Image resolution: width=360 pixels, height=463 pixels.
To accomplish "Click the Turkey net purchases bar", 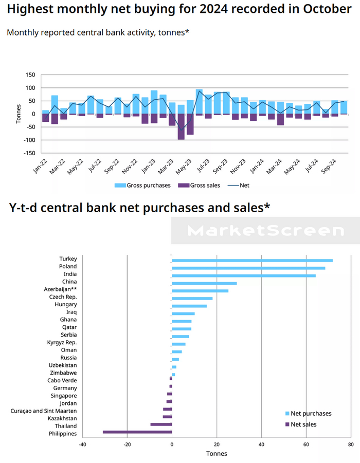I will [x=252, y=261].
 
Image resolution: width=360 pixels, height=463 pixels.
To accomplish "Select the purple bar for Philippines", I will [x=137, y=432].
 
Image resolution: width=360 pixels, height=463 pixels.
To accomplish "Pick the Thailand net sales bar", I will [x=161, y=424].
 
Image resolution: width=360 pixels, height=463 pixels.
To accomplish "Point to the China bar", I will [x=204, y=283].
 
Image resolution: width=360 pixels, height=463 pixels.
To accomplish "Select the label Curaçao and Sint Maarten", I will [x=44, y=411].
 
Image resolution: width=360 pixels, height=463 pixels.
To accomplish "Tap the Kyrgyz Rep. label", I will [x=62, y=342].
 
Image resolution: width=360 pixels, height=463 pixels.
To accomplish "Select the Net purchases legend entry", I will [x=311, y=413].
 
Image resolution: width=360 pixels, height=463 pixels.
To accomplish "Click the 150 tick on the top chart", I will [x=30, y=75].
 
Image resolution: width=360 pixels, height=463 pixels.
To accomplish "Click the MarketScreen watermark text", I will [x=265, y=231].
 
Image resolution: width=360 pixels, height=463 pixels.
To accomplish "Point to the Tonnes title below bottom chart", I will [x=216, y=454].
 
